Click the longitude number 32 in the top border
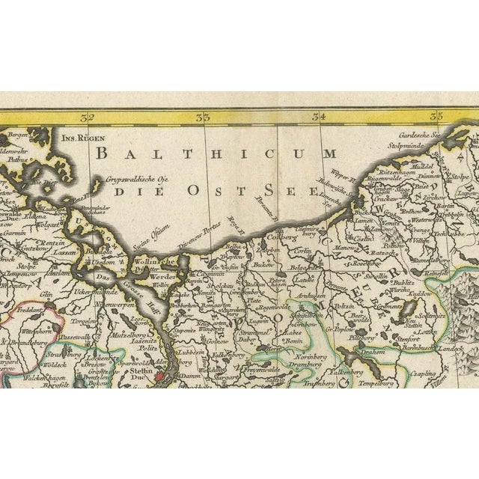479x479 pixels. (x=89, y=117)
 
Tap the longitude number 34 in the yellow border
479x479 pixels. (x=320, y=117)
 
